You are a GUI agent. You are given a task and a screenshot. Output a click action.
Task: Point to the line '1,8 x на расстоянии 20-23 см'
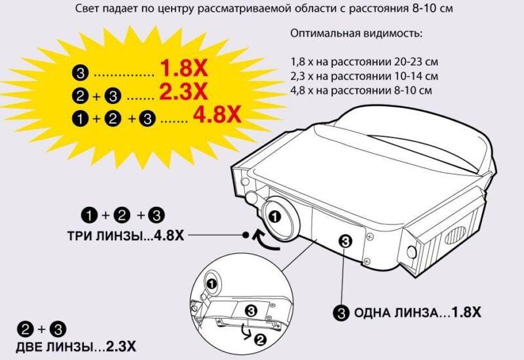pos(364,62)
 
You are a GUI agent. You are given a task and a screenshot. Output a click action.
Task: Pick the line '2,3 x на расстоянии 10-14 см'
pos(364,76)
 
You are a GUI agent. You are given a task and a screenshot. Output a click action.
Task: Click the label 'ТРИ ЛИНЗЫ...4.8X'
pos(125,235)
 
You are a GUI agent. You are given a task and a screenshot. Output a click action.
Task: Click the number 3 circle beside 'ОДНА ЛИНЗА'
pos(341,313)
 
